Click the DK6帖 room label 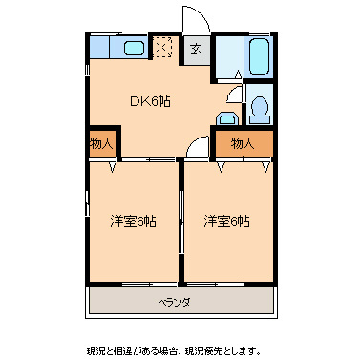150,101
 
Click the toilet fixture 258,110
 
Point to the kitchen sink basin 133,49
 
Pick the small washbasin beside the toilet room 226,119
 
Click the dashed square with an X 164,48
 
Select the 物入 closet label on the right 242,143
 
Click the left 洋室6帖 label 133,222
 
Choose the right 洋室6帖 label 226,222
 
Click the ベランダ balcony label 174,303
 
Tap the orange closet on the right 242,143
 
